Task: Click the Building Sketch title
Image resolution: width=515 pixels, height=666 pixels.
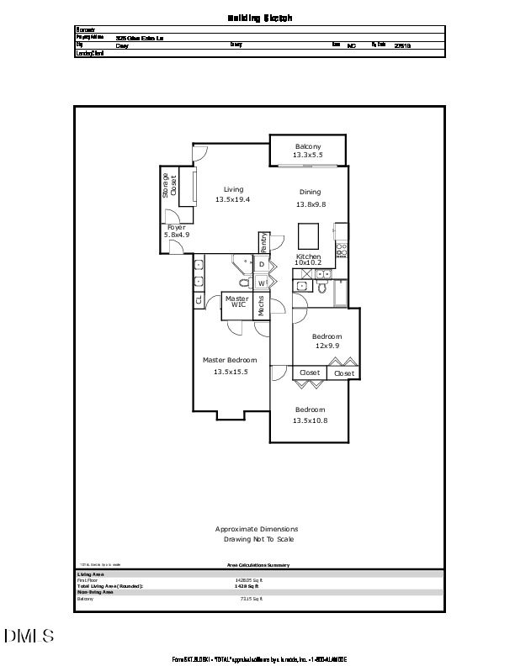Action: (259, 17)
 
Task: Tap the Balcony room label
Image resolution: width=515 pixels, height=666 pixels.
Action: (307, 147)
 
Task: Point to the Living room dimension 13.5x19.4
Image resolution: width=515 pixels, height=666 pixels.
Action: (233, 199)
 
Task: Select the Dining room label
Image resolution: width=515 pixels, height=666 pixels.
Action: (311, 192)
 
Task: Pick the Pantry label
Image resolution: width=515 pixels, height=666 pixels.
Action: (264, 242)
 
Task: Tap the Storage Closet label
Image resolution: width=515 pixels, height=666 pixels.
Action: (169, 187)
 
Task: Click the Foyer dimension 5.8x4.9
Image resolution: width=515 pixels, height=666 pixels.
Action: (177, 235)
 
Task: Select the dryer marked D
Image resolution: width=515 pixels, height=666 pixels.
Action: (262, 265)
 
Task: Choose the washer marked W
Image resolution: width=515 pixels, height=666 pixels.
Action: (262, 283)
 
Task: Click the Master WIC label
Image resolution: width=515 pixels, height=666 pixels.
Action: (236, 301)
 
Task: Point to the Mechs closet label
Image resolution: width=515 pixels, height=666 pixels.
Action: (262, 306)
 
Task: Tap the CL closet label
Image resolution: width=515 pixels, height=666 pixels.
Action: (199, 299)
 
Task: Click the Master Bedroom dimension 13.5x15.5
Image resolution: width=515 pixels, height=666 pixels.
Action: (230, 371)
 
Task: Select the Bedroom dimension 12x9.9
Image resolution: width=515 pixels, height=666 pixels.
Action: (327, 346)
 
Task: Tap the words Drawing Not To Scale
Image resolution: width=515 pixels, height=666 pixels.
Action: (257, 539)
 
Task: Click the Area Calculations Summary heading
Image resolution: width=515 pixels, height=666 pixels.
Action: (258, 565)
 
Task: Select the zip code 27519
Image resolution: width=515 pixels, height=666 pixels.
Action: (402, 46)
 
